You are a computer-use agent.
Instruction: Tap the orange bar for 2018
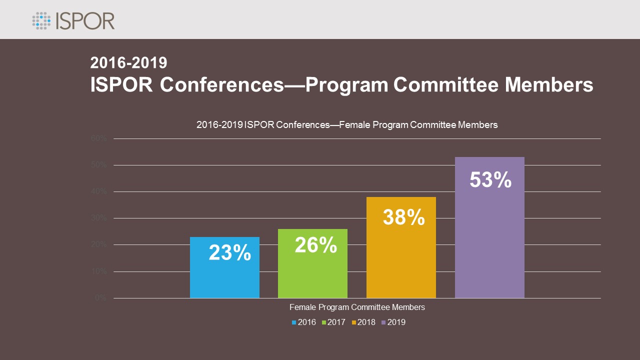click(x=401, y=260)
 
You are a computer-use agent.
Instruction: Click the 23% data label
click(x=229, y=252)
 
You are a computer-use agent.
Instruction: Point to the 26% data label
click(x=315, y=244)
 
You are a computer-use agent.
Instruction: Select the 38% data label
click(x=403, y=217)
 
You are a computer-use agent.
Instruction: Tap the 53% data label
click(x=490, y=180)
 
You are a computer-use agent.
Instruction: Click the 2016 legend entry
click(x=304, y=322)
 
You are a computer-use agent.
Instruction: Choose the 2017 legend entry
click(x=333, y=322)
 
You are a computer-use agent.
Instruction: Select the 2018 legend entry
click(x=363, y=322)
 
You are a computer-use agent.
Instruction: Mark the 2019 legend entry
click(x=393, y=322)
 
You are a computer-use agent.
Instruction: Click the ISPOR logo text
click(x=85, y=21)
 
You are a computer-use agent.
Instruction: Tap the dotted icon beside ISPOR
click(x=41, y=21)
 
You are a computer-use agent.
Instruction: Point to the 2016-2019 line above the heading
click(x=128, y=63)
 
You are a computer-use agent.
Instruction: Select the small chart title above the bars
click(x=347, y=125)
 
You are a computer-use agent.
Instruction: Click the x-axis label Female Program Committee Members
click(x=357, y=307)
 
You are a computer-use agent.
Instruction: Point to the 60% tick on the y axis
click(x=99, y=138)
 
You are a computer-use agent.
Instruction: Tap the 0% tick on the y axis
click(x=101, y=298)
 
